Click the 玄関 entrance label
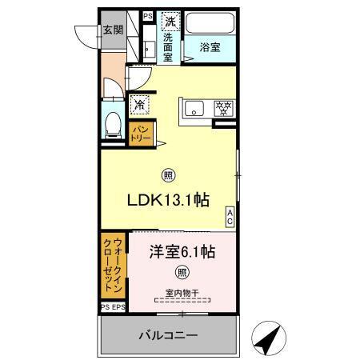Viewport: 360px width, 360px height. coord(111,31)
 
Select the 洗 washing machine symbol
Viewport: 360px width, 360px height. coord(170,22)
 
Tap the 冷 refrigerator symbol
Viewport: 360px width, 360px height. coord(140,104)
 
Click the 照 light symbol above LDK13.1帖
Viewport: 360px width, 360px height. coord(169,176)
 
